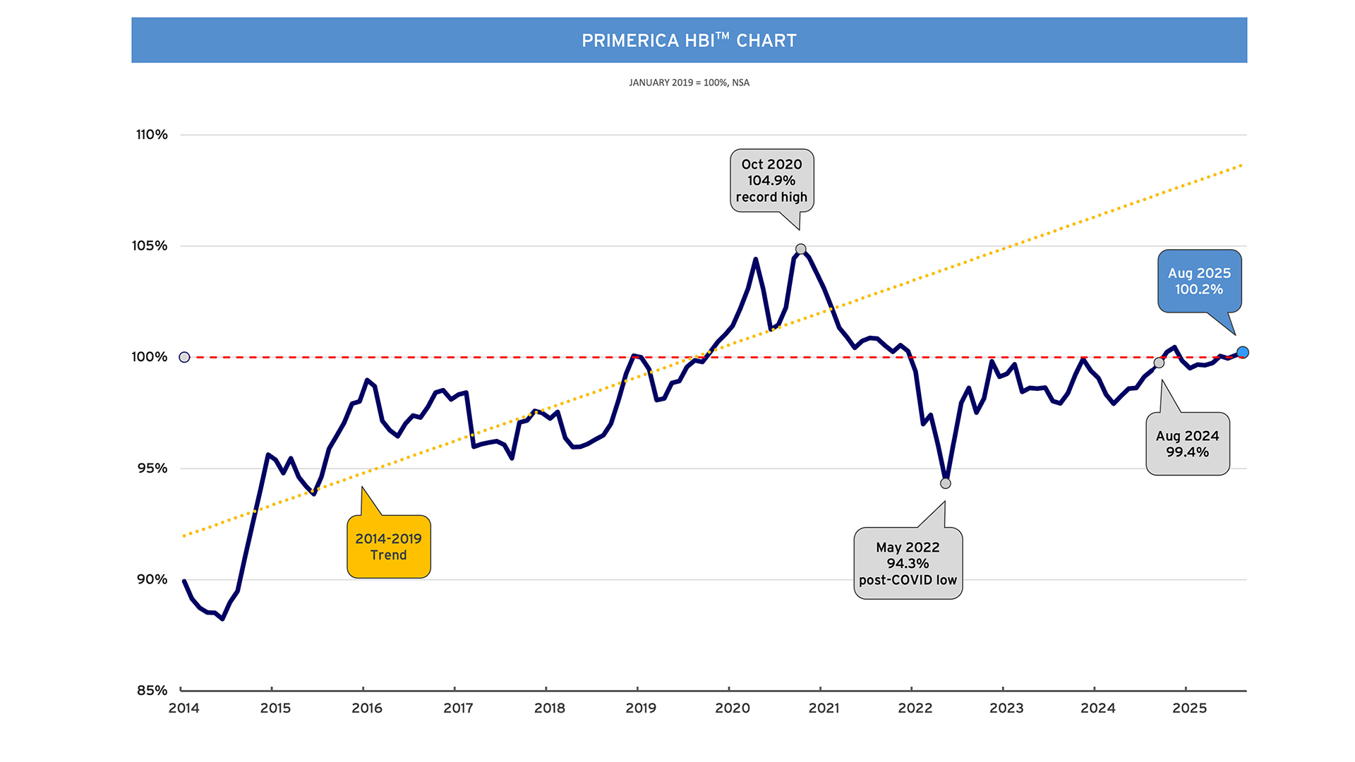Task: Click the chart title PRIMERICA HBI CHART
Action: click(x=689, y=40)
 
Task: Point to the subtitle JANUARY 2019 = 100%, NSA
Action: click(x=689, y=83)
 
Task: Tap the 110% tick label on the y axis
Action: click(x=152, y=135)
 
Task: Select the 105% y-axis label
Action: click(x=150, y=246)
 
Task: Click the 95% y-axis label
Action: click(x=152, y=468)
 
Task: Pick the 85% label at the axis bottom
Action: click(x=152, y=690)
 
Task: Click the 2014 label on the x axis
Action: click(x=183, y=708)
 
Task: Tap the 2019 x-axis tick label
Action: click(x=640, y=708)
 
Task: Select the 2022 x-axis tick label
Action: click(x=915, y=708)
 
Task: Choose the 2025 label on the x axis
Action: click(x=1189, y=708)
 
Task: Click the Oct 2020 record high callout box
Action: click(x=771, y=181)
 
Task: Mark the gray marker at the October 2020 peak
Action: click(x=800, y=249)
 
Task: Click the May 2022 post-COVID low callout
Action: click(x=908, y=564)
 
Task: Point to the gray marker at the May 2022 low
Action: click(x=946, y=483)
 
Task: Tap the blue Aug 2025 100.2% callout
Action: click(x=1199, y=281)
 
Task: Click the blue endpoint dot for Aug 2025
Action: click(x=1243, y=352)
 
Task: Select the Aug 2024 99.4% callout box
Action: click(x=1187, y=444)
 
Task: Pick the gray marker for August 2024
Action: click(x=1159, y=363)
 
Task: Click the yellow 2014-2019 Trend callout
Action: click(x=388, y=547)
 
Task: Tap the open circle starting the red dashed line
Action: click(x=184, y=357)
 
